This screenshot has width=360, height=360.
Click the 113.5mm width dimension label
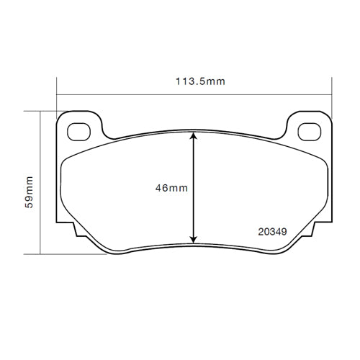point(200,82)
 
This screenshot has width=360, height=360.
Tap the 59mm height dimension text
point(30,191)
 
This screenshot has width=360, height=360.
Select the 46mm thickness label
point(171,188)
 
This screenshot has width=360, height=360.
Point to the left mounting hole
point(77,130)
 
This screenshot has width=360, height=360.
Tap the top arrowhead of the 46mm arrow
point(193,135)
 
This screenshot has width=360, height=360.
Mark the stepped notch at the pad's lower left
point(71,232)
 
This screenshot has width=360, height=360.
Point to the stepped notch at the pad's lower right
point(317,232)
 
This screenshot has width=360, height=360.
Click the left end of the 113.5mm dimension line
point(56,94)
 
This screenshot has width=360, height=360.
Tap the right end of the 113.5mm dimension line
point(331,94)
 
